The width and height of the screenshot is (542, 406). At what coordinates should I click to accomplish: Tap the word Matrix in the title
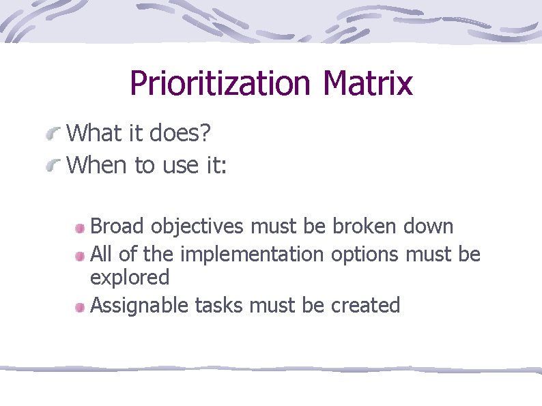[368, 84]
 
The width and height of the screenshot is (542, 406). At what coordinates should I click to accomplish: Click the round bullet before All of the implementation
[81, 256]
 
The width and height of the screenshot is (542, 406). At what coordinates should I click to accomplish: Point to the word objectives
[198, 226]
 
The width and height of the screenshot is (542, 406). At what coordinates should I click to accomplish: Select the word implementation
[253, 255]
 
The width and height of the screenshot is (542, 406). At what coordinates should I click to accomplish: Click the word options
[365, 255]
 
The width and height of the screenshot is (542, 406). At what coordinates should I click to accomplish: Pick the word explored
[130, 278]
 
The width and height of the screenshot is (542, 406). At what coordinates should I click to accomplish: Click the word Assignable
[140, 306]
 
